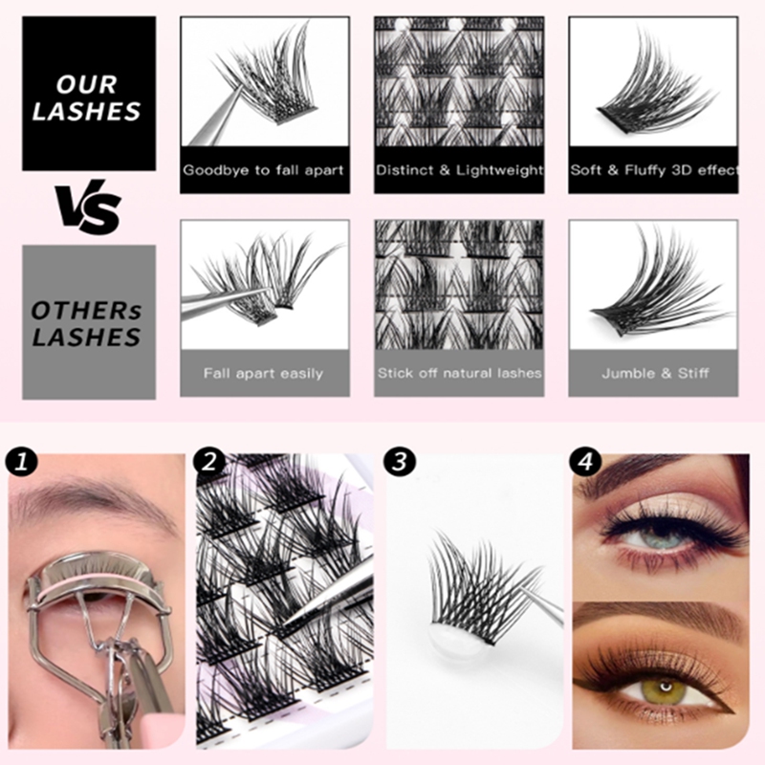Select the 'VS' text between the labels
88,208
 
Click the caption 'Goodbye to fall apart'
263,170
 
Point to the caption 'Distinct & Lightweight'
459,170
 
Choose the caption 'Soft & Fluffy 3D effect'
654,170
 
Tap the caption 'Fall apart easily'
263,373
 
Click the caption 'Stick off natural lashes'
459,373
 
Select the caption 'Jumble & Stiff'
654,373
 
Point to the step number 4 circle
585,463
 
